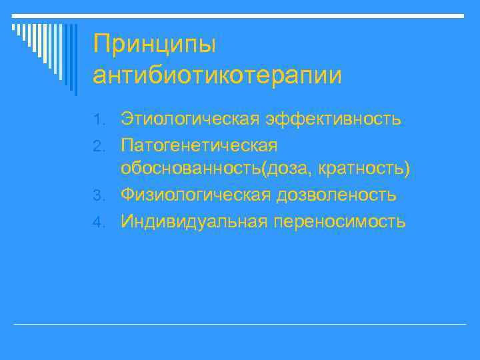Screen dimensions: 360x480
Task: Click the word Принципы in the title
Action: [x=155, y=45]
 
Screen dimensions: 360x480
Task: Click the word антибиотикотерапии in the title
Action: [x=218, y=75]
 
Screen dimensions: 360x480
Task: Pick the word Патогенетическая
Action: [x=199, y=145]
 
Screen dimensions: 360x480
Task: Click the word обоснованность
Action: [x=191, y=170]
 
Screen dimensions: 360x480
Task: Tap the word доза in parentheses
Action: [x=288, y=170]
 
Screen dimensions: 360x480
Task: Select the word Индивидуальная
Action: [x=194, y=221]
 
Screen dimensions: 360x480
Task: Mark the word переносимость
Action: [x=339, y=221]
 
